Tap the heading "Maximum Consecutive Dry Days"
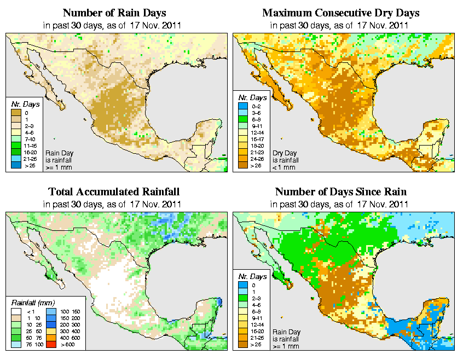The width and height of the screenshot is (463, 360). coord(340,13)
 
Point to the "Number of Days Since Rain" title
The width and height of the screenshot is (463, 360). coord(340,192)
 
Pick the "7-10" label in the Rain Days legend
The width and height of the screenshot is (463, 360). coord(31,140)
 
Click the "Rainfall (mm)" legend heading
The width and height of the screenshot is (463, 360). coord(31,301)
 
